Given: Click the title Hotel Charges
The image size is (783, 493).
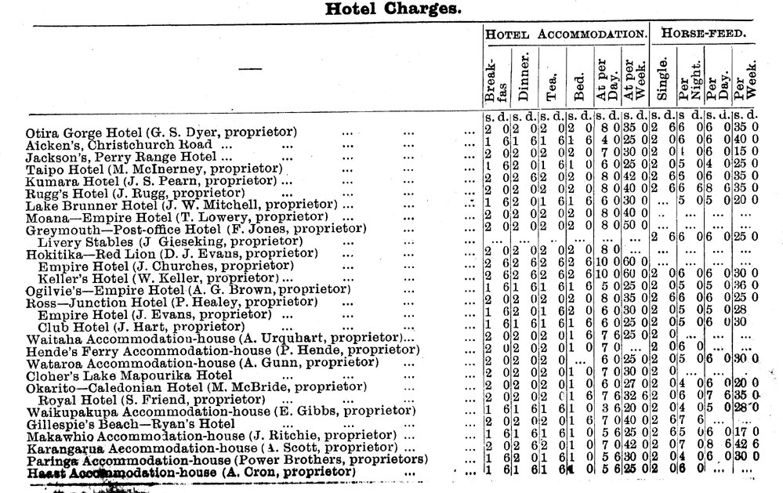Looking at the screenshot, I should tap(393, 9).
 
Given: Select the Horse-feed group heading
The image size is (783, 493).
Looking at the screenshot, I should tap(702, 34).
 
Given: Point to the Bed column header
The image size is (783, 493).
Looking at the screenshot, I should tap(578, 77).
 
